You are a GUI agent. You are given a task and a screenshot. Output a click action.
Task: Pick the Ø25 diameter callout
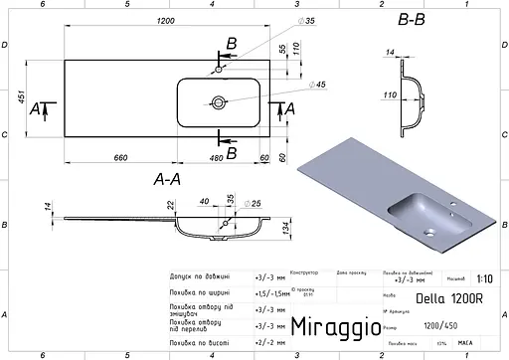coord(254,204)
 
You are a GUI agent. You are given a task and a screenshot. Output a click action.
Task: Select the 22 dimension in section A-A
coord(170,205)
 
